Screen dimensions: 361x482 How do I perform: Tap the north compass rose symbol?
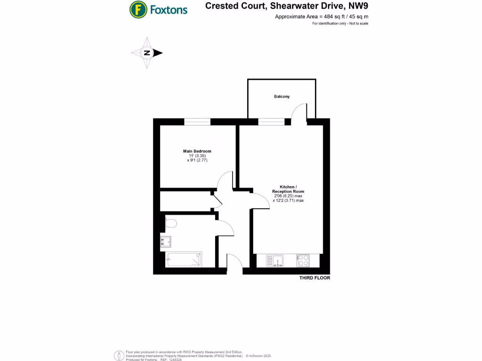(147, 53)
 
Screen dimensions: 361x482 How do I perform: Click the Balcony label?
(282, 96)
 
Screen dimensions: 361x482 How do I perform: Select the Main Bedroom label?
(197, 151)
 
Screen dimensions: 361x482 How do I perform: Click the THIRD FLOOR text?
(315, 278)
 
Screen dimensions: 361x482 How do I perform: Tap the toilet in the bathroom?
(170, 223)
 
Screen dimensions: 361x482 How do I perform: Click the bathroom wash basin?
(166, 242)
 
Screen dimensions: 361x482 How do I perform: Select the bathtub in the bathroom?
(184, 259)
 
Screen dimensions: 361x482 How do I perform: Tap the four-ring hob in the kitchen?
(303, 260)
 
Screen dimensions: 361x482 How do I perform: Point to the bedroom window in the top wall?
(197, 122)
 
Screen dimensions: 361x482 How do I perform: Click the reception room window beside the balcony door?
(271, 122)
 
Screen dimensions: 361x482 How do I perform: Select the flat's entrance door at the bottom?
(234, 263)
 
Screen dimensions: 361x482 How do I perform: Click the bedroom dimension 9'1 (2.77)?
(197, 160)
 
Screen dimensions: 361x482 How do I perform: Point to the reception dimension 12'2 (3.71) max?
(288, 201)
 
